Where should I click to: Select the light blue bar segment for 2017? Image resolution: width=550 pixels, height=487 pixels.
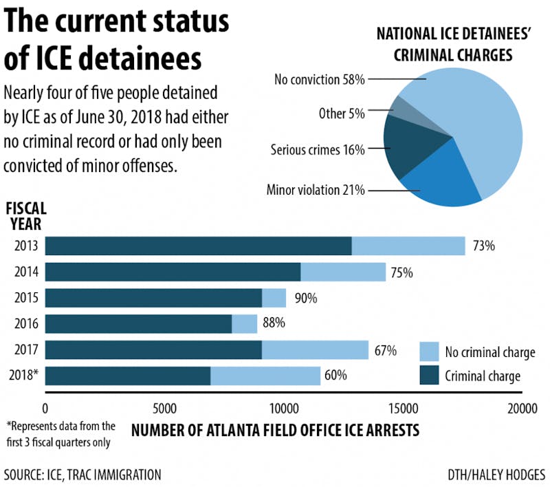(315, 350)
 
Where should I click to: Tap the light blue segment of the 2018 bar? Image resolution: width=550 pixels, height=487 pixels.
(265, 376)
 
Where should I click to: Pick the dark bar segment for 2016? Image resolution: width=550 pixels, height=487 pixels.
(138, 323)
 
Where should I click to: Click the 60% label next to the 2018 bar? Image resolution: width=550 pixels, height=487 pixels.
(335, 376)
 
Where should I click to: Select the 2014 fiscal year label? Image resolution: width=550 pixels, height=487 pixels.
(25, 272)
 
